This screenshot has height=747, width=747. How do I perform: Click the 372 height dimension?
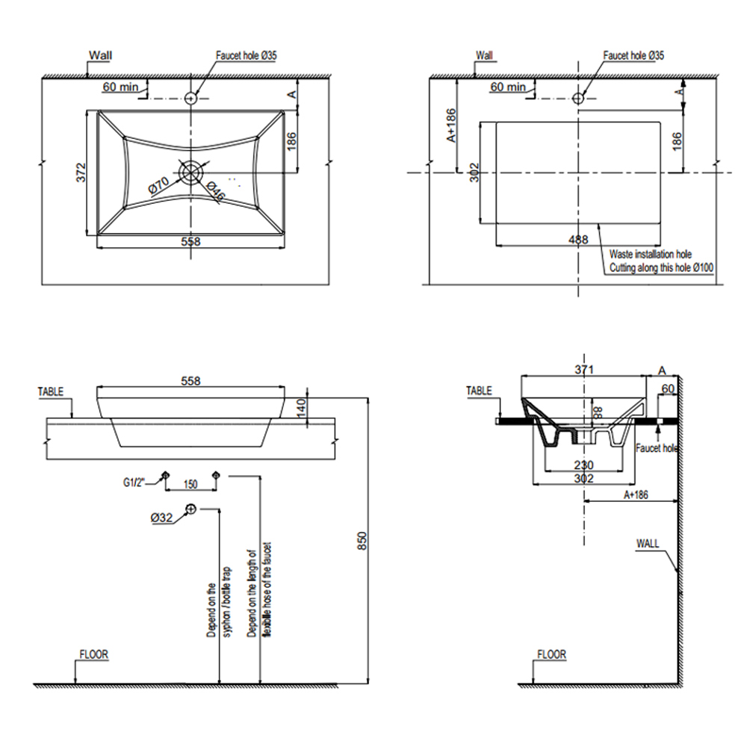[x=84, y=173]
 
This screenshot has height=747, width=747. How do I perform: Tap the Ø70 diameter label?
[x=161, y=184]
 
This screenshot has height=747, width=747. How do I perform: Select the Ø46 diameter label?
[x=215, y=191]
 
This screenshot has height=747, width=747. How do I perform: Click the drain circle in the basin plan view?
[x=190, y=173]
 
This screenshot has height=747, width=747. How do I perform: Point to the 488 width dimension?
[x=577, y=239]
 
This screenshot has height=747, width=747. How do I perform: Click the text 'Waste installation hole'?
[x=650, y=255]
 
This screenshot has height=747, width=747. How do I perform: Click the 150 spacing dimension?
[x=190, y=485]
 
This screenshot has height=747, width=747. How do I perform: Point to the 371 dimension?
[x=584, y=370]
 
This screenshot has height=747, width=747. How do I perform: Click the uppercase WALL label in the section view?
[x=648, y=543]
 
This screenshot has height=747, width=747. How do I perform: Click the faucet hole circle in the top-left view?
[x=190, y=98]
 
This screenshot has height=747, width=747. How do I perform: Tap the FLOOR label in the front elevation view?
[x=93, y=654]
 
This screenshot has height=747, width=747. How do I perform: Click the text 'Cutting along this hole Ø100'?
[x=661, y=267]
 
